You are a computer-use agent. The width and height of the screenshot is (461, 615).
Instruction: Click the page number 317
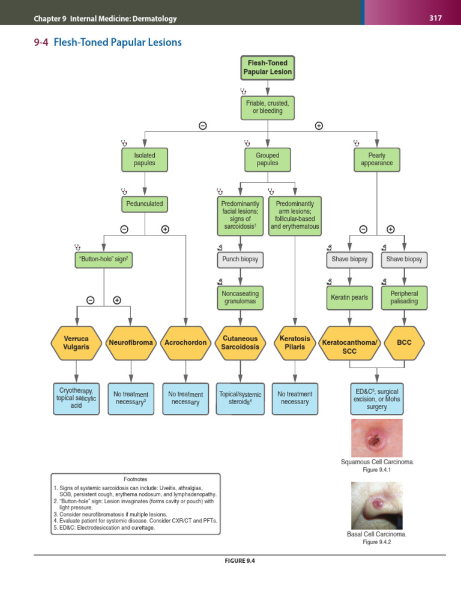(x=435, y=18)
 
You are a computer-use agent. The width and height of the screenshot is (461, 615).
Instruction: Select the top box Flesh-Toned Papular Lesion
(x=268, y=67)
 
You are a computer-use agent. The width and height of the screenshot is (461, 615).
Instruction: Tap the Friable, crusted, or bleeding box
(x=268, y=107)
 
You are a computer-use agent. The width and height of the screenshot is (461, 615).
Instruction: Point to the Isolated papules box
(x=145, y=159)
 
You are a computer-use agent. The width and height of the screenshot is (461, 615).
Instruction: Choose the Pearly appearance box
(x=377, y=159)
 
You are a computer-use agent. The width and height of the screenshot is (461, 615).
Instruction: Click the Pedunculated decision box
(x=145, y=204)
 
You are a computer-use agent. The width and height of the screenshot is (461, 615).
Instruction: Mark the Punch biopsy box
(x=240, y=259)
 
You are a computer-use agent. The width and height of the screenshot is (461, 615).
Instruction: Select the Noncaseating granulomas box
(x=240, y=297)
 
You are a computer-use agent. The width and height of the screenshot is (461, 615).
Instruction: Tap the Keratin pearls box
(x=349, y=297)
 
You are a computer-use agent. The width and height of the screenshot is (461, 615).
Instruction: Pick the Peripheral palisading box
(x=404, y=297)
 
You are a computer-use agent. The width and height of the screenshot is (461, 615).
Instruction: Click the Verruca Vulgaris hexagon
(x=76, y=343)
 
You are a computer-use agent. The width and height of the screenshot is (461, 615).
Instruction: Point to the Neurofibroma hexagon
(x=131, y=343)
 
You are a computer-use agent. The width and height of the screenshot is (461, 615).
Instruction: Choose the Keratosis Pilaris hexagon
(x=295, y=343)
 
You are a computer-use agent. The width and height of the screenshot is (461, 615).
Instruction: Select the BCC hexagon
(x=404, y=343)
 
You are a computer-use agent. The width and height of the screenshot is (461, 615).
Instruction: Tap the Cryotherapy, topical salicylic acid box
(x=76, y=398)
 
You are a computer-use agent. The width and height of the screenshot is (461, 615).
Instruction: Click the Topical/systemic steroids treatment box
(x=240, y=398)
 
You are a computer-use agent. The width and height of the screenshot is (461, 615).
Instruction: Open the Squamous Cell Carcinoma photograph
(x=376, y=437)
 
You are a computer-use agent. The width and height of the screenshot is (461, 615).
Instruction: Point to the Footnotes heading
(x=136, y=479)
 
